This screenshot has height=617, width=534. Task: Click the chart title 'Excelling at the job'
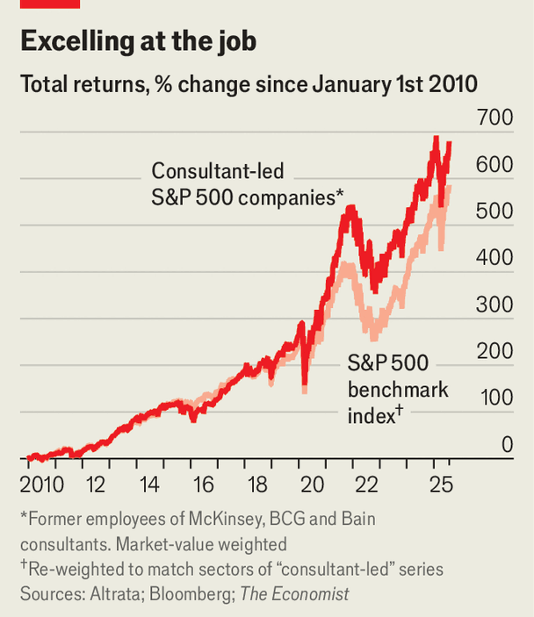click(x=138, y=41)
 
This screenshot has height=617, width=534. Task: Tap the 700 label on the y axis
click(x=495, y=118)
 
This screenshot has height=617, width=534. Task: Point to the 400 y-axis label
click(x=494, y=257)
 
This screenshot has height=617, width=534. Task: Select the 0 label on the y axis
click(x=508, y=444)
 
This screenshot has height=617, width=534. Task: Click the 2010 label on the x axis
click(x=42, y=484)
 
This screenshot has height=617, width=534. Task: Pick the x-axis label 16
click(x=203, y=484)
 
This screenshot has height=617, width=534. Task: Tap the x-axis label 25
click(x=442, y=484)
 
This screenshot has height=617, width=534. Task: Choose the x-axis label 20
click(x=313, y=484)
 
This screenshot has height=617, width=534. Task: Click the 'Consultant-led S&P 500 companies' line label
click(x=248, y=183)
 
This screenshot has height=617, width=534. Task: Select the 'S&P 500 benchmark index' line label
click(x=398, y=389)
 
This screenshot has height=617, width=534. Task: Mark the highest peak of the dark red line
click(x=436, y=137)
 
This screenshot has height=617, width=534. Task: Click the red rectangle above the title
click(x=50, y=4)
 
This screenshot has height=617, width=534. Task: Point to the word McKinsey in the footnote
click(x=225, y=519)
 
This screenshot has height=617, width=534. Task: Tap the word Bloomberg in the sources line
click(x=191, y=594)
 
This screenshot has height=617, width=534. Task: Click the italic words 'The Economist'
click(x=294, y=594)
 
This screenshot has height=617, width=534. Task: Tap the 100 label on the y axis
click(x=496, y=398)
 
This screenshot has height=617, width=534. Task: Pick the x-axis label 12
click(x=96, y=484)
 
